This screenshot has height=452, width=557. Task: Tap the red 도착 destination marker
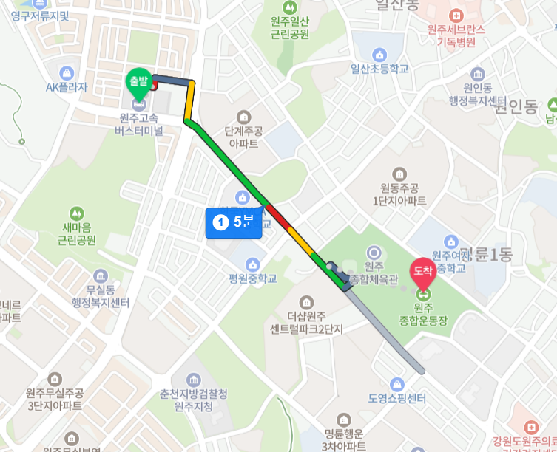pos(422,273)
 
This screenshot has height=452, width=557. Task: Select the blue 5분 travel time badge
pos(234,222)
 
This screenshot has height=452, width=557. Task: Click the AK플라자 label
pos(66,87)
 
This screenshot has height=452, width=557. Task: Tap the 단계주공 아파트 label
pos(243,137)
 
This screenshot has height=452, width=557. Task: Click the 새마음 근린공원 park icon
pos(77,214)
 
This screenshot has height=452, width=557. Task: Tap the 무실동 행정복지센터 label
pos(97,297)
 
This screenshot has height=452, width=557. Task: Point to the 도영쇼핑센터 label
pos(397,398)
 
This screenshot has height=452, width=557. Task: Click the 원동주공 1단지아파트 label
pos(399,194)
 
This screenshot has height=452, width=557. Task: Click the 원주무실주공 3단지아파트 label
pos(54,400)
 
